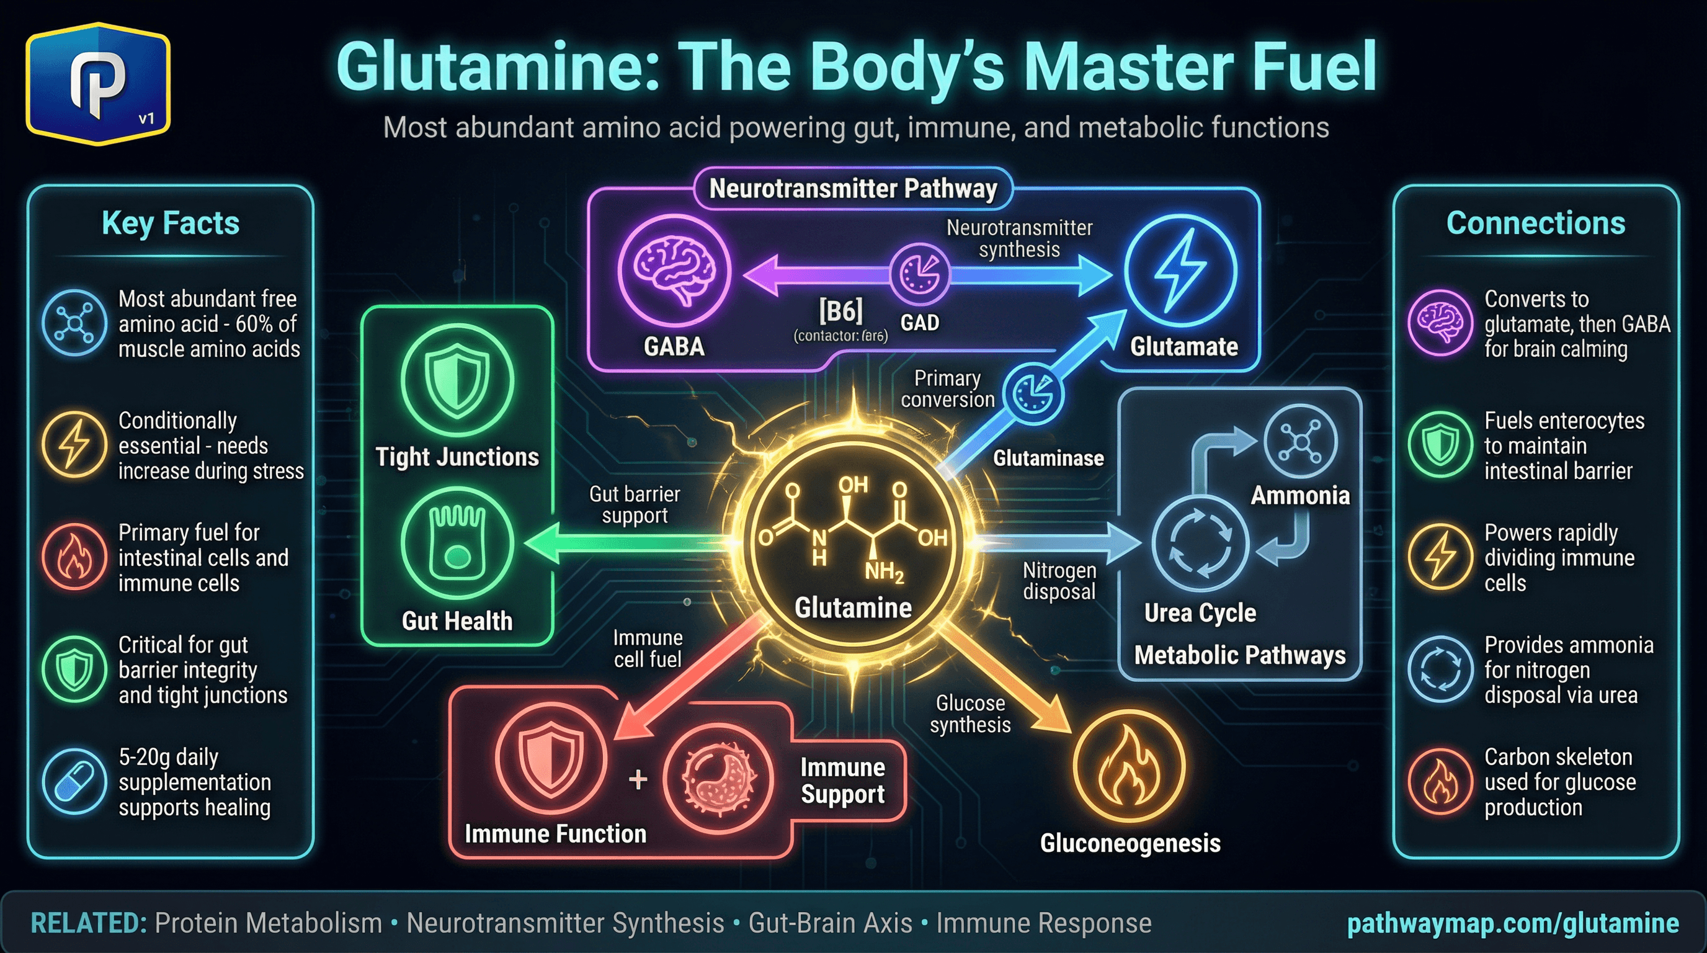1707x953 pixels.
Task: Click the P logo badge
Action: [98, 84]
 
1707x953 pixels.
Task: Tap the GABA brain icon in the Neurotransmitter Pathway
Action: [673, 271]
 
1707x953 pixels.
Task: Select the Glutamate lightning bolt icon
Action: [1180, 271]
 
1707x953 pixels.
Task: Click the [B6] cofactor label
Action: [840, 311]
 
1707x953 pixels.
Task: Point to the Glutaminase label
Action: [1048, 458]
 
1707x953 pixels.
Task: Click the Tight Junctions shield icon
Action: [457, 380]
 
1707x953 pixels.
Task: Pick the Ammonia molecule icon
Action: [1299, 441]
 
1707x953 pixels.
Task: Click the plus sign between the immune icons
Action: [638, 779]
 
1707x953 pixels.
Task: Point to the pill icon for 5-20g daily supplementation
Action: [74, 781]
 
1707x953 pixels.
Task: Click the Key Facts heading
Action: [171, 223]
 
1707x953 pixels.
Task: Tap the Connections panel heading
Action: [1535, 223]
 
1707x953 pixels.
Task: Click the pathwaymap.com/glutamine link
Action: [1513, 923]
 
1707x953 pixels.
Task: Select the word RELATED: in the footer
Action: [89, 923]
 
